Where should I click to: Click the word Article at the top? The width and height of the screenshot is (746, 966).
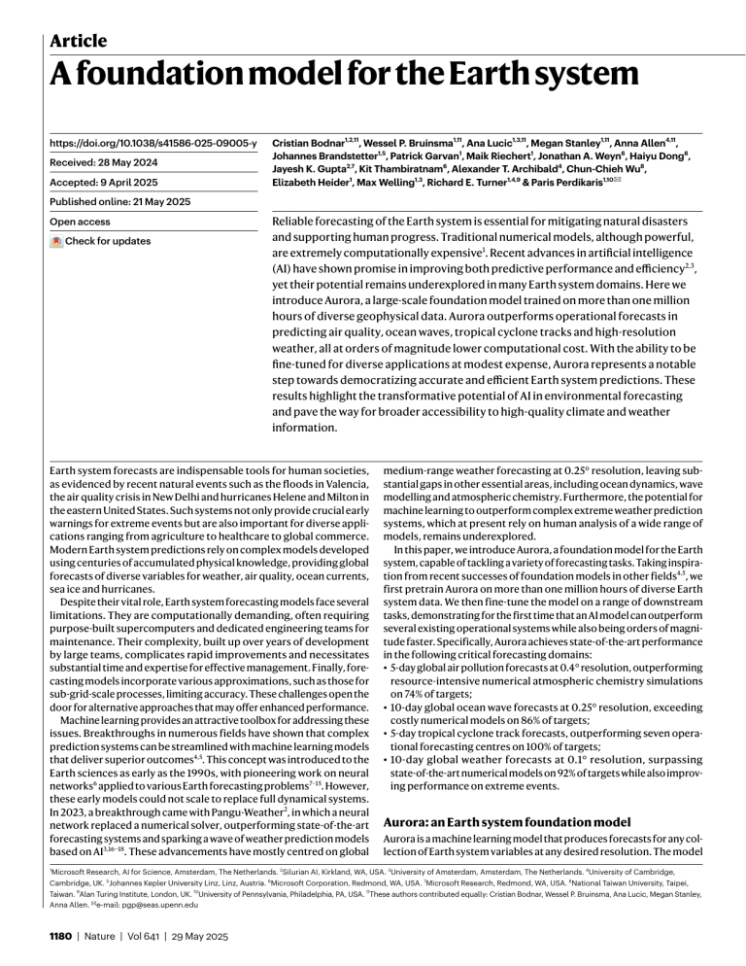[x=79, y=40]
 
